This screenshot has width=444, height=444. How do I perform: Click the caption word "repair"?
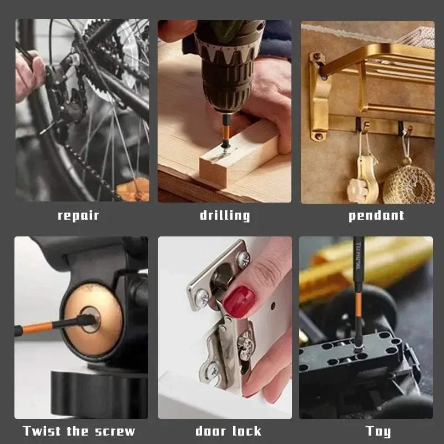click(x=78, y=215)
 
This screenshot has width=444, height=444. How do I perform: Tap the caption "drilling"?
click(x=225, y=215)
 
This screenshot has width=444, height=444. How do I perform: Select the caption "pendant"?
click(x=376, y=215)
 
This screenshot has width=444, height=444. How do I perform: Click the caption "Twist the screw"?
click(x=79, y=431)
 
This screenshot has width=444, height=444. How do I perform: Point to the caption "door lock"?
click(x=228, y=431)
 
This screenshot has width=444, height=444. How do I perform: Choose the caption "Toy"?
click(x=378, y=431)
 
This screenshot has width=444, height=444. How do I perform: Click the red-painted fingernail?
click(x=239, y=301)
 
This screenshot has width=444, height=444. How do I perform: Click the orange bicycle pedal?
click(x=133, y=190)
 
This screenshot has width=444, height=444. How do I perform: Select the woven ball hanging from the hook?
click(x=408, y=183)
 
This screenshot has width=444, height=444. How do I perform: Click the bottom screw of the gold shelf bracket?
click(x=318, y=135)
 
